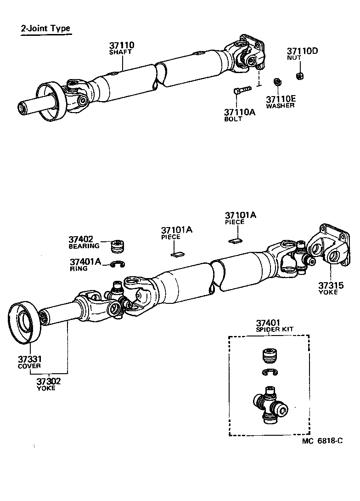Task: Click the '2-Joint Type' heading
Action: (45, 28)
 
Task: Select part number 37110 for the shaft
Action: (122, 45)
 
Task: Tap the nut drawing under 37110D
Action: (299, 75)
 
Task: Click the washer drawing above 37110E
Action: (277, 82)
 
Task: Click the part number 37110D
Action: (302, 51)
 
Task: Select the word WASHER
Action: (280, 106)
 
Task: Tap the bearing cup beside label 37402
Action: (119, 246)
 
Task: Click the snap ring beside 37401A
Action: (119, 264)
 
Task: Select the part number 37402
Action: (81, 239)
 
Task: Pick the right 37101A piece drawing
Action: (235, 239)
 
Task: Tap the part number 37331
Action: (30, 359)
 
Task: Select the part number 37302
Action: (49, 381)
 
